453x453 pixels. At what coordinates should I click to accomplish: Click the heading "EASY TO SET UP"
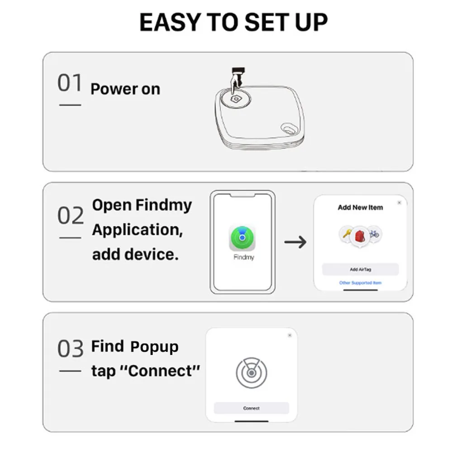pyautogui.click(x=233, y=22)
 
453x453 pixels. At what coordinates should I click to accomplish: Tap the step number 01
pyautogui.click(x=70, y=84)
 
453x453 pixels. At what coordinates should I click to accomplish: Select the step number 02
pyautogui.click(x=71, y=216)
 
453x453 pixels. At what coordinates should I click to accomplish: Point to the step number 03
pyautogui.click(x=71, y=348)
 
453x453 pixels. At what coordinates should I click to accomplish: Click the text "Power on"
pyautogui.click(x=125, y=89)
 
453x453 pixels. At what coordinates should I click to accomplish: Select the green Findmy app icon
pyautogui.click(x=242, y=238)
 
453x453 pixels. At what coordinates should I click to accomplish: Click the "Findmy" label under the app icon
pyautogui.click(x=243, y=257)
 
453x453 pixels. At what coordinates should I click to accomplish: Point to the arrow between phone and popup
pyautogui.click(x=295, y=242)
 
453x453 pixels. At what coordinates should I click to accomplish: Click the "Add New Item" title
pyautogui.click(x=360, y=208)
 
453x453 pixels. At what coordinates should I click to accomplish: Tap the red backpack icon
pyautogui.click(x=360, y=235)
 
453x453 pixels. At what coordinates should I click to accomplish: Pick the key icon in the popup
pyautogui.click(x=347, y=234)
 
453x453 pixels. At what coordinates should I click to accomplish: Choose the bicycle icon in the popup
pyautogui.click(x=374, y=234)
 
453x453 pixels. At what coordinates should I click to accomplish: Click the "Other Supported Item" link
pyautogui.click(x=360, y=283)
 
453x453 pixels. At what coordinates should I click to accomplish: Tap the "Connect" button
pyautogui.click(x=251, y=408)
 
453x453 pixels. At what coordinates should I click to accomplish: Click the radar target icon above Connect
pyautogui.click(x=251, y=373)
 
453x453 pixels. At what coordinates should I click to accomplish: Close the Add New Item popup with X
pyautogui.click(x=399, y=203)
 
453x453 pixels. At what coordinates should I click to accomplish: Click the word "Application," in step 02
pyautogui.click(x=138, y=230)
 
